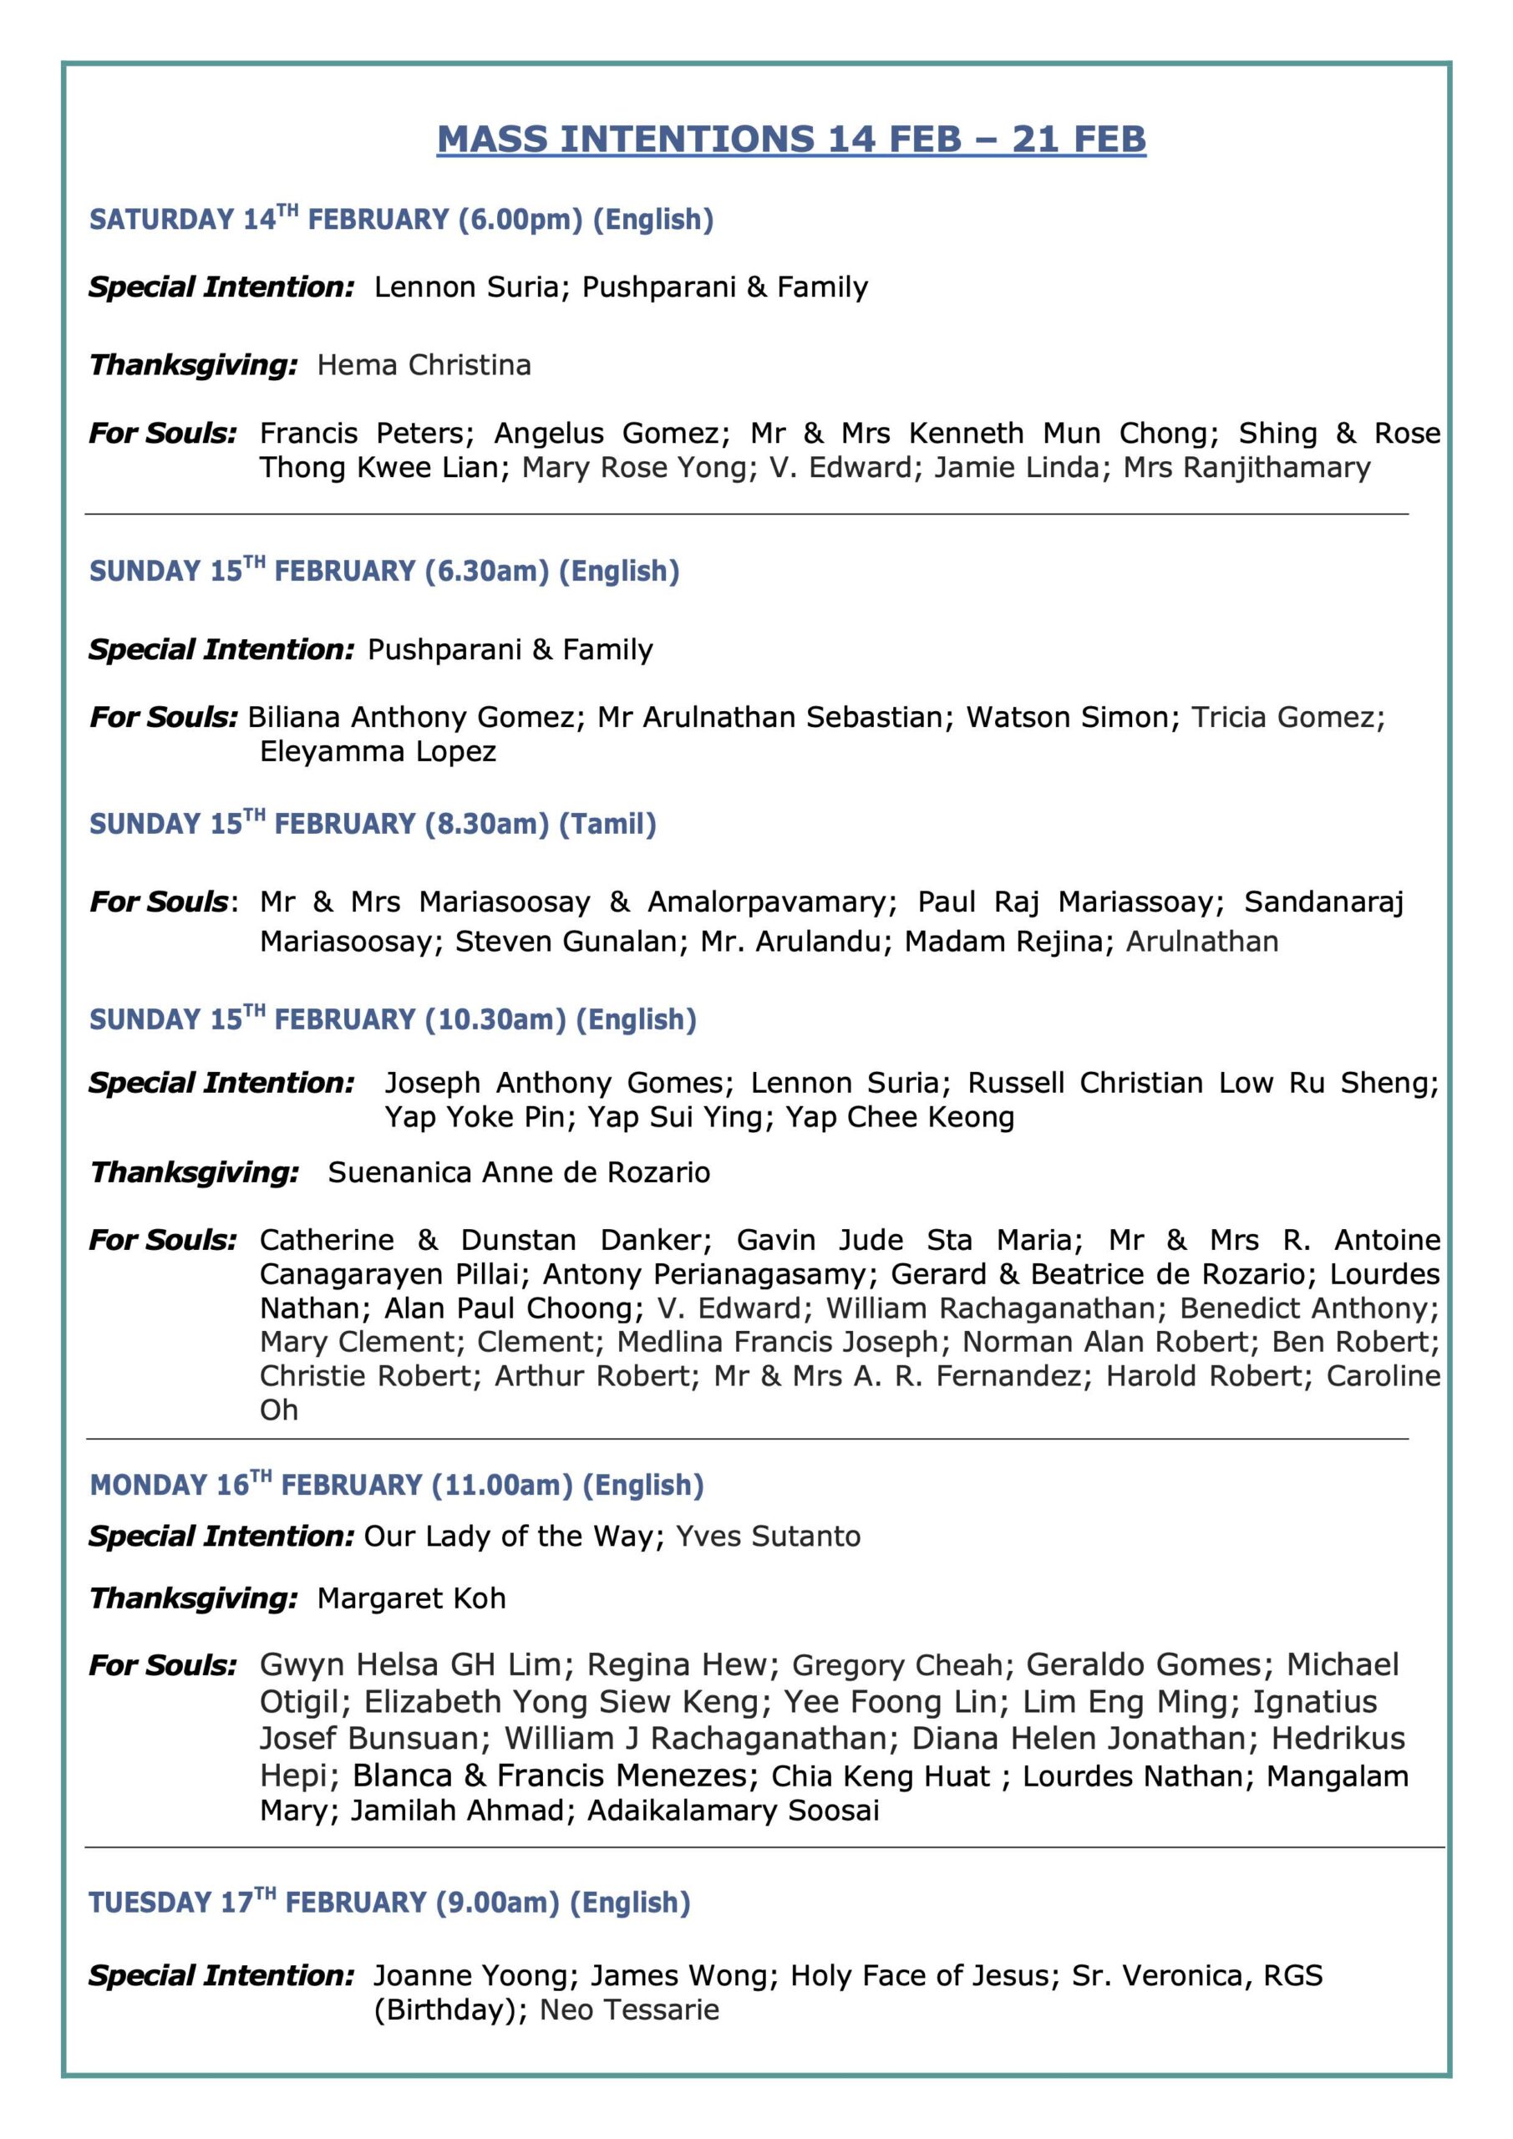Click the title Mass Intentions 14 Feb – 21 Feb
point(791,139)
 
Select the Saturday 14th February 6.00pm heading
point(401,220)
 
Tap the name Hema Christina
point(424,365)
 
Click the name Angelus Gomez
point(606,433)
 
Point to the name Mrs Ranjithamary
point(1246,468)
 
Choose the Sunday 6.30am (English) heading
point(383,571)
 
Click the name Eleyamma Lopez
point(378,752)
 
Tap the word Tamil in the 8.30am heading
point(607,825)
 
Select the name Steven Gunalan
point(566,942)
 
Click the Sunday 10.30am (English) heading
point(392,1020)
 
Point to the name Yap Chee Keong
point(899,1117)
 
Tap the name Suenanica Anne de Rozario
point(519,1173)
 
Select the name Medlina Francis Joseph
point(777,1343)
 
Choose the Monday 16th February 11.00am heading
point(396,1485)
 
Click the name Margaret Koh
point(411,1598)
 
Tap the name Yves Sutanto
point(768,1537)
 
